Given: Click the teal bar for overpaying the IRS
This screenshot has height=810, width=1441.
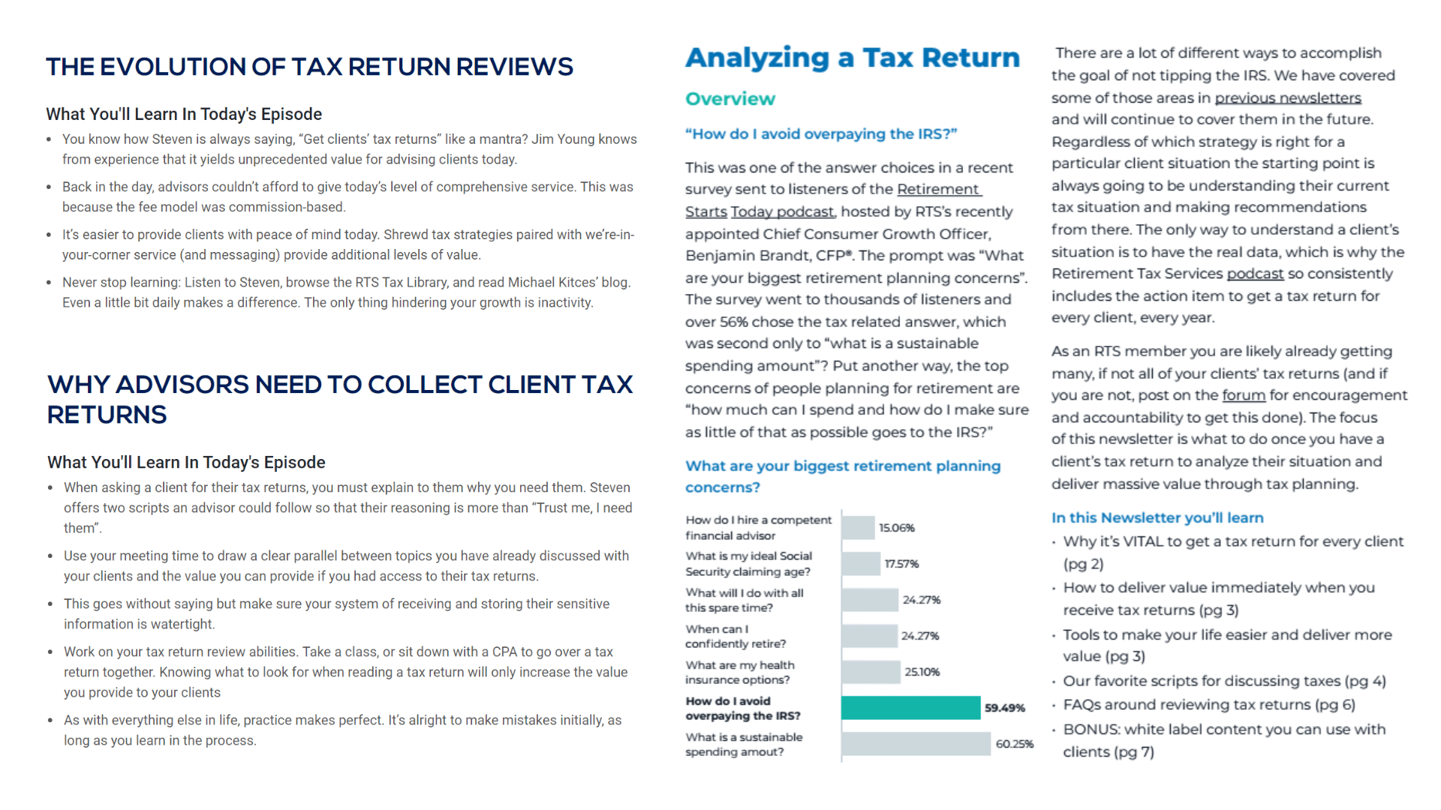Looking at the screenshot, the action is (x=910, y=707).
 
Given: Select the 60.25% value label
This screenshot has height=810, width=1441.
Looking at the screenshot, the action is (x=1015, y=744).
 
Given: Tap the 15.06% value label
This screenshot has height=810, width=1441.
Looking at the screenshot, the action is (x=897, y=528).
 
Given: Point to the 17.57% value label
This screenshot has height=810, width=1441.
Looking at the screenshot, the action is (x=901, y=564).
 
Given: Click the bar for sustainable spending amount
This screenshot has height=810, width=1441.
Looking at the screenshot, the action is (x=916, y=744).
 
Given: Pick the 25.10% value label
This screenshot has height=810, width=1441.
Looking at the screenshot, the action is (x=922, y=672).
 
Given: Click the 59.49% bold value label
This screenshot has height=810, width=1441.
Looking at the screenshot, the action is (x=1005, y=708).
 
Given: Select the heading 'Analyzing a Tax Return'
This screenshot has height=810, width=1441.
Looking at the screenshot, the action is (x=853, y=58).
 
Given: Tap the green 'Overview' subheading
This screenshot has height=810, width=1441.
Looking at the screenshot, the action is (x=730, y=99).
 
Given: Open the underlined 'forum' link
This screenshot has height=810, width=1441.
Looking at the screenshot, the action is (x=1244, y=395).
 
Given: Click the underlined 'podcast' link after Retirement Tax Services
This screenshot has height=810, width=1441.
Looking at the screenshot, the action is (x=1255, y=274).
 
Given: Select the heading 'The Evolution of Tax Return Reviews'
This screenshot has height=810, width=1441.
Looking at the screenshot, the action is (x=309, y=67).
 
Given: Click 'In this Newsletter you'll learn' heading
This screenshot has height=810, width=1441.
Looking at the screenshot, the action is (x=1157, y=517).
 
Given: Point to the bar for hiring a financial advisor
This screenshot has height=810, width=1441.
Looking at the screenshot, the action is (x=858, y=527).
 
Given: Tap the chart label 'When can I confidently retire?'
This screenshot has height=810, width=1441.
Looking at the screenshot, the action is (x=736, y=636).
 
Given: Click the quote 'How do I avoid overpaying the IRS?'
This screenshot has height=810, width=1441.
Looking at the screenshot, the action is (x=821, y=134).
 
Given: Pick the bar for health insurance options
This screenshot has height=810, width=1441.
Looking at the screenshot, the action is (x=871, y=671).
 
